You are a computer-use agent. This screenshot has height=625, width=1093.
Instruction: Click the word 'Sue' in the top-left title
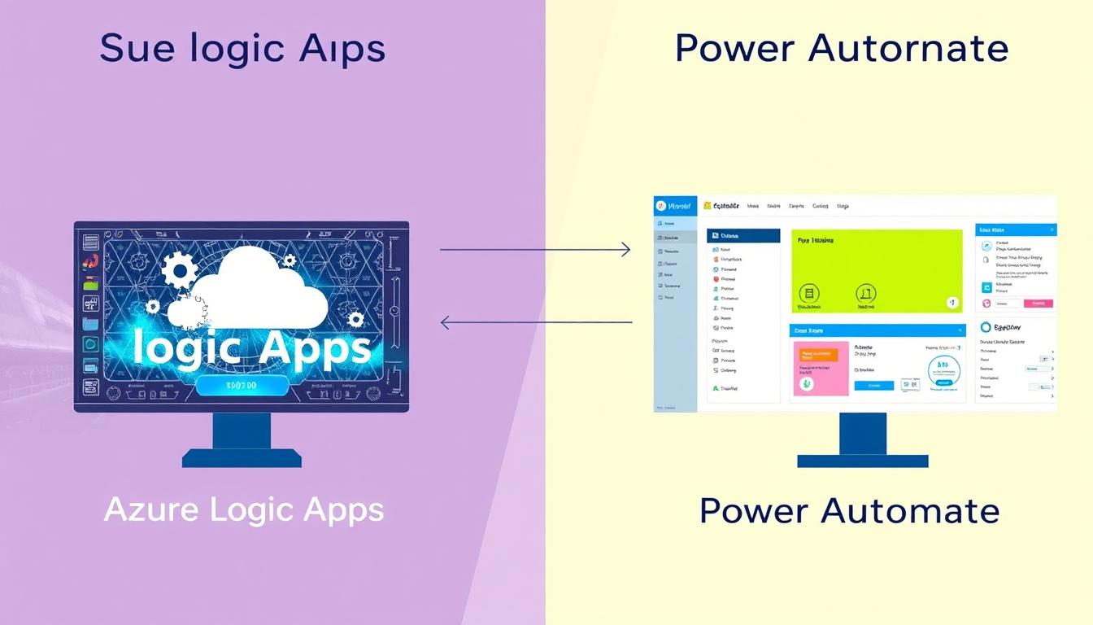[136, 49]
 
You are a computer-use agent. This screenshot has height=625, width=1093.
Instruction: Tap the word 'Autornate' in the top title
[908, 49]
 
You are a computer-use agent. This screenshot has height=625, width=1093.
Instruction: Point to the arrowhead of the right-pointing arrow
[625, 250]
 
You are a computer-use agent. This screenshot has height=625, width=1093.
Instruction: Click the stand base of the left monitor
[242, 458]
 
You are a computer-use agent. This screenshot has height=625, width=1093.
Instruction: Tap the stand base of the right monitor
[862, 461]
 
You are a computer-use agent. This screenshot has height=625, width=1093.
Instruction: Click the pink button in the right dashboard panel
[1037, 304]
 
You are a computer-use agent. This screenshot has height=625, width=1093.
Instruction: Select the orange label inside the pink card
[818, 355]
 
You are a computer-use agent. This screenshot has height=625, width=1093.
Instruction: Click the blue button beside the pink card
[873, 386]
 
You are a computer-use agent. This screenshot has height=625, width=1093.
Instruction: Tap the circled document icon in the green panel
[809, 294]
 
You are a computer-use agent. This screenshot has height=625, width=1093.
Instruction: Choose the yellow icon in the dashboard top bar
[707, 206]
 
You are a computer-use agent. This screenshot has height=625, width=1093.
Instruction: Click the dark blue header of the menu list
[742, 235]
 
